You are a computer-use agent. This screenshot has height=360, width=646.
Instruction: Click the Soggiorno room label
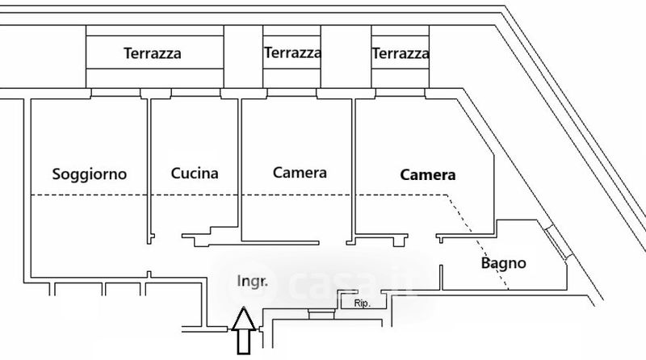pos(89,174)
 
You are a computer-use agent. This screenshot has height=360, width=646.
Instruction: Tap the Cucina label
pos(195,173)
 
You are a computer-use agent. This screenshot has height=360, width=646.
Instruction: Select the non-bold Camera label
pos(300,173)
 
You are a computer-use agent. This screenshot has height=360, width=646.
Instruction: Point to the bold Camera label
pos(429,174)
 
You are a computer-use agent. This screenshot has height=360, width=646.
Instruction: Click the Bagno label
pos(503,263)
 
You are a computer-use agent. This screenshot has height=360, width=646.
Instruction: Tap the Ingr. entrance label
pos(252,281)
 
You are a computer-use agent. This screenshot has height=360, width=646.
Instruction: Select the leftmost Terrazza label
pos(152,55)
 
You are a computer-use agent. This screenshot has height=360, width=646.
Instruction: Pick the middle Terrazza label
pos(292,53)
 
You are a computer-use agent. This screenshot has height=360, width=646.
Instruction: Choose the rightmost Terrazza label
pos(400,54)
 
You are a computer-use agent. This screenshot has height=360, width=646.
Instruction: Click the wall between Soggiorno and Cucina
pos(148,170)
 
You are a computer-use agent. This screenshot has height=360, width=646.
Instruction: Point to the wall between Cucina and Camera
pos(238,170)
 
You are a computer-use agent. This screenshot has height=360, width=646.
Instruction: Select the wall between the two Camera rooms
pos(353,170)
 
